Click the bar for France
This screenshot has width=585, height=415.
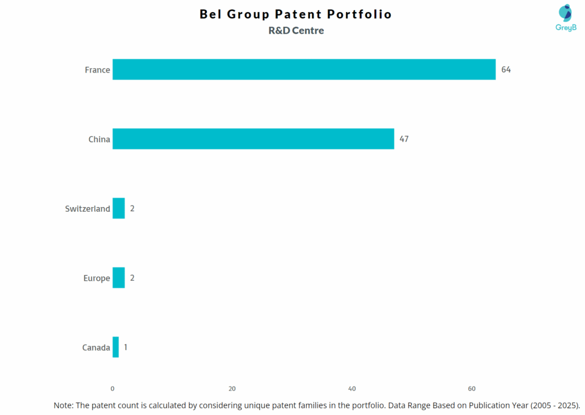304,70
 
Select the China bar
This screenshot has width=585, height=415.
253,139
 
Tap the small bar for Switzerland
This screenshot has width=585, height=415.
118,208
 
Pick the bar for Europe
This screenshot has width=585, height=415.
118,278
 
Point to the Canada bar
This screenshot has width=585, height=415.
115,347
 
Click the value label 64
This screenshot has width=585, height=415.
506,70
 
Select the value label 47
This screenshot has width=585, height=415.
404,139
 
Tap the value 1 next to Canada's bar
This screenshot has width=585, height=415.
126,347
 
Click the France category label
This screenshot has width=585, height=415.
97,70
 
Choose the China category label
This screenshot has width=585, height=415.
99,139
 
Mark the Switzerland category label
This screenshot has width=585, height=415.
87,209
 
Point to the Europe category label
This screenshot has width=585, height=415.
97,279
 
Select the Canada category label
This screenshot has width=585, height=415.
96,348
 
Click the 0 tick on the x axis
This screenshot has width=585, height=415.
113,389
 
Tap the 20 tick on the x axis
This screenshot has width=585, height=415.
232,389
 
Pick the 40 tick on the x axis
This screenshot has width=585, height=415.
352,389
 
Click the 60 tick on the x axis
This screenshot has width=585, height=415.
472,389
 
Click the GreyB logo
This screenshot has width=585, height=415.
565,18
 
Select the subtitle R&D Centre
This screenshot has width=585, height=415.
296,31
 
